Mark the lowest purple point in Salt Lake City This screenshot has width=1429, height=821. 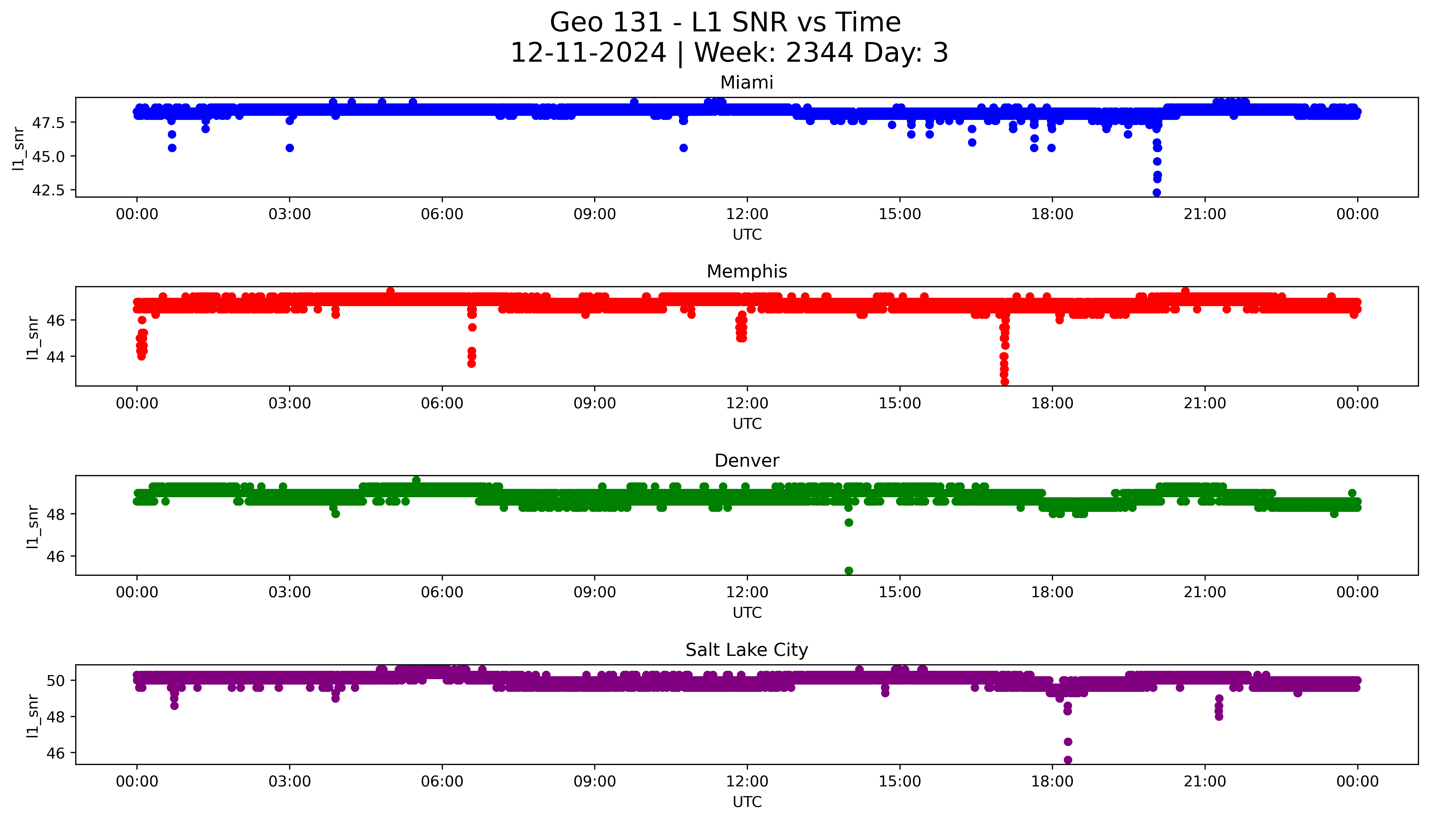click(x=1068, y=760)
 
